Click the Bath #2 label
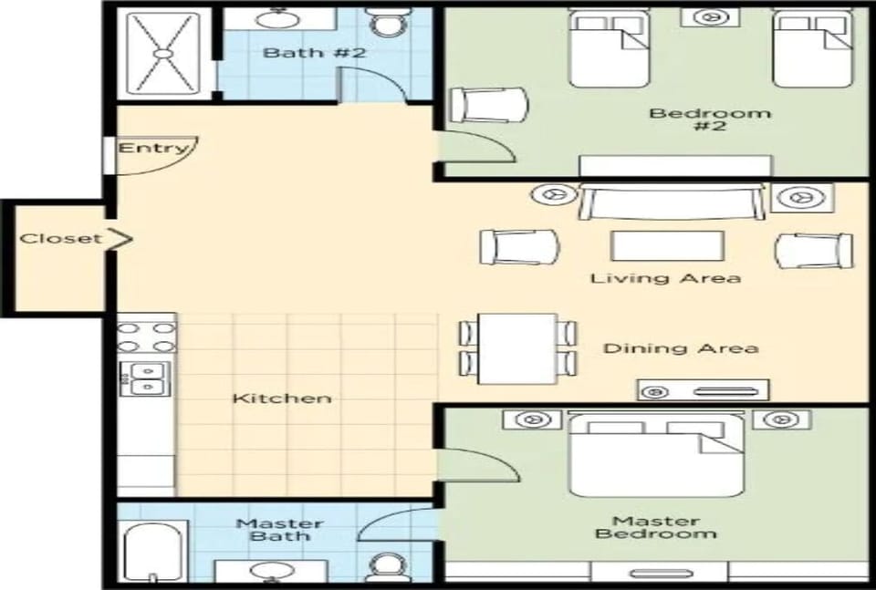[314, 53]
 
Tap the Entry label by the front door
[153, 148]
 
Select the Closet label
[61, 239]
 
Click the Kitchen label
[281, 399]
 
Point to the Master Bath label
[279, 530]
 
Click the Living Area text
[664, 277]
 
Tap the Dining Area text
[680, 348]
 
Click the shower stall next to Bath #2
[163, 53]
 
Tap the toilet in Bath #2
[389, 22]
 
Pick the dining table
[516, 347]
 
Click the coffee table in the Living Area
[667, 246]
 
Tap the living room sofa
[672, 202]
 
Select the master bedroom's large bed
[656, 454]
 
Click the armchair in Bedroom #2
[489, 105]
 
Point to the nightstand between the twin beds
[710, 17]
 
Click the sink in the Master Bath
[269, 571]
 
